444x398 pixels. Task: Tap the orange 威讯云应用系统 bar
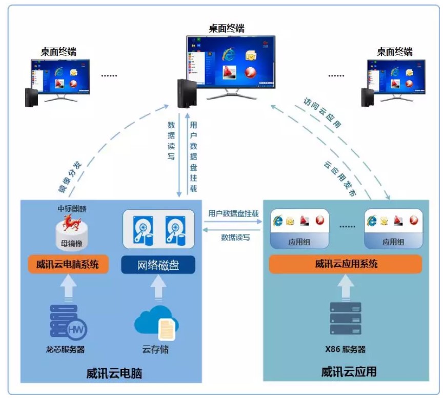(x=346, y=264)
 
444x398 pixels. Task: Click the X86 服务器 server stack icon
(x=345, y=319)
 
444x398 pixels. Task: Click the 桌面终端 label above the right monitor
(x=395, y=52)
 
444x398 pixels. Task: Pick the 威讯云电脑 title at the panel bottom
(x=114, y=373)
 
